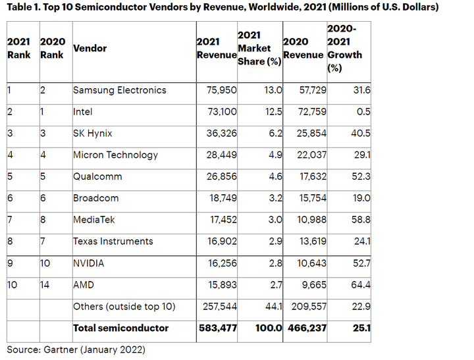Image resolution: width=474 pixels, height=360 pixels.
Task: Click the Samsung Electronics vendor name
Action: [120, 90]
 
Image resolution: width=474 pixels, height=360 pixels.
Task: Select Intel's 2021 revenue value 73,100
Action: [223, 112]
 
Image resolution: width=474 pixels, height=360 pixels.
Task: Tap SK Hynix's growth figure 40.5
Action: [361, 134]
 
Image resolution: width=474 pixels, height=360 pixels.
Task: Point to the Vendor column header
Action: [90, 48]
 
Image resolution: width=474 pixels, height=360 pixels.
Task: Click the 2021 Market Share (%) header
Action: [259, 48]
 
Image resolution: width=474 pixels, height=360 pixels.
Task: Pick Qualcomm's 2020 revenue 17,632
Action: [313, 176]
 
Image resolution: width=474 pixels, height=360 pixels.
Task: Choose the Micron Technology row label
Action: [115, 155]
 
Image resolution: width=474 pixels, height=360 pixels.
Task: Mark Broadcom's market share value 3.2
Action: [275, 198]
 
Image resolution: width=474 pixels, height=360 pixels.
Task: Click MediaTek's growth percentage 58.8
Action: [361, 220]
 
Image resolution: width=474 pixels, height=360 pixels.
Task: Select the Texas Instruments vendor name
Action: [113, 242]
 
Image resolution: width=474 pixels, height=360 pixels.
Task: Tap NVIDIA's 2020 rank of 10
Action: [45, 263]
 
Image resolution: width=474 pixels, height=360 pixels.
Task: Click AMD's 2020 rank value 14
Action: [45, 285]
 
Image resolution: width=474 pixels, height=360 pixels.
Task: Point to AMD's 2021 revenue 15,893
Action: [223, 285]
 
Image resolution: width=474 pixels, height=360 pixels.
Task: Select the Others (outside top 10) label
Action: [124, 307]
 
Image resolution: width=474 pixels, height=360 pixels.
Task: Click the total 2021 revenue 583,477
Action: [218, 328]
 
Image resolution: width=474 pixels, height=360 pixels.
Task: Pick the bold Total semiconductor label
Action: [120, 328]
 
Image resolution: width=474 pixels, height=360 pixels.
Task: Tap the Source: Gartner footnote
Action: [76, 349]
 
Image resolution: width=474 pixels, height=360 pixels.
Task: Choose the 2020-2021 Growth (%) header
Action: [344, 48]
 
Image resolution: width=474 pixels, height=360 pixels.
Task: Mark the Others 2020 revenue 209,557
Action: [309, 307]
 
